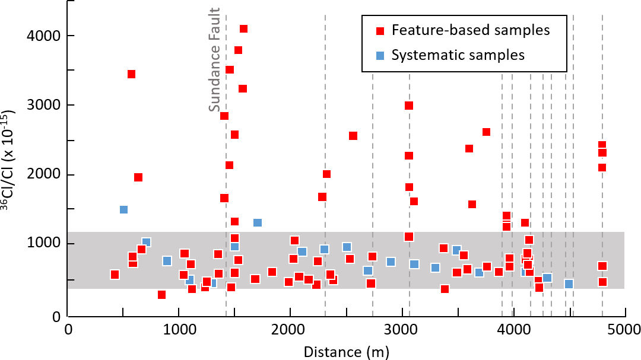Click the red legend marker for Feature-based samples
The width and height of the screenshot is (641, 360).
(x=381, y=30)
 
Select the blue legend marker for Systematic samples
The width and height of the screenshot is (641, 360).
(x=381, y=55)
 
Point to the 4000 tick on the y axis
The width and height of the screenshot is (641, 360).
(x=45, y=36)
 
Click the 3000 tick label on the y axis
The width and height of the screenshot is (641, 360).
(x=45, y=105)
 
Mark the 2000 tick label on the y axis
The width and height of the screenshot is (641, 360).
(x=45, y=174)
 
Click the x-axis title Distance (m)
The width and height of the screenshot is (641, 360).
(x=347, y=352)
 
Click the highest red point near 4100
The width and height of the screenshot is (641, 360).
(x=243, y=28)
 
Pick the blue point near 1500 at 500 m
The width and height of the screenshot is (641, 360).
(x=123, y=209)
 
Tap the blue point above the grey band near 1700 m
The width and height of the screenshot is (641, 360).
(x=258, y=222)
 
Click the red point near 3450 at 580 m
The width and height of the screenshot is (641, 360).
(x=131, y=74)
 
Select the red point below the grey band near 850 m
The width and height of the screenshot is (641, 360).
(x=161, y=295)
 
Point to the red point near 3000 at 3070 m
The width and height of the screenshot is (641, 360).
(x=408, y=106)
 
